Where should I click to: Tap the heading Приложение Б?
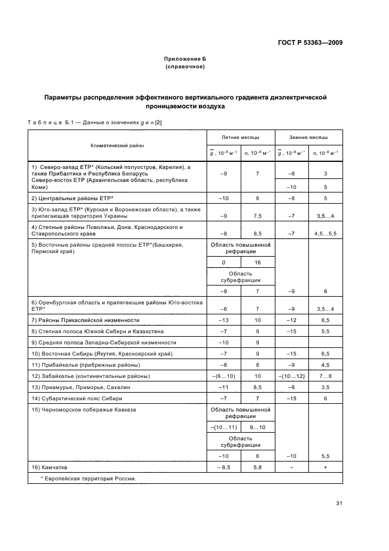click(185, 59)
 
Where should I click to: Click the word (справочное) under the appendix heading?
click(185, 67)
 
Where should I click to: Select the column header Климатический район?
click(117, 144)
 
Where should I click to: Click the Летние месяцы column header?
click(240, 137)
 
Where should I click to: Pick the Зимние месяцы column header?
click(308, 137)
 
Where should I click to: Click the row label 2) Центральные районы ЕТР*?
click(72, 198)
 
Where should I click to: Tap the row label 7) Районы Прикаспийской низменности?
click(85, 320)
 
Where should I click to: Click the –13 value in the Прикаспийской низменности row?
click(223, 320)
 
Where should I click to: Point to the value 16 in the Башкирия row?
click(257, 263)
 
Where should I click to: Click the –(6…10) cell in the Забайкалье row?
click(223, 376)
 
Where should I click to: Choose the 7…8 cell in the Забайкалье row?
click(325, 376)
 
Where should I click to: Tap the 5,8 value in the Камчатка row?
click(257, 467)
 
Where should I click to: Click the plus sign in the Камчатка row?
click(325, 467)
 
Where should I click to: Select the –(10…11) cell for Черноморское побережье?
click(223, 426)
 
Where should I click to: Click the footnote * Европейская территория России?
click(88, 478)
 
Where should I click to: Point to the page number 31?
click(339, 503)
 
